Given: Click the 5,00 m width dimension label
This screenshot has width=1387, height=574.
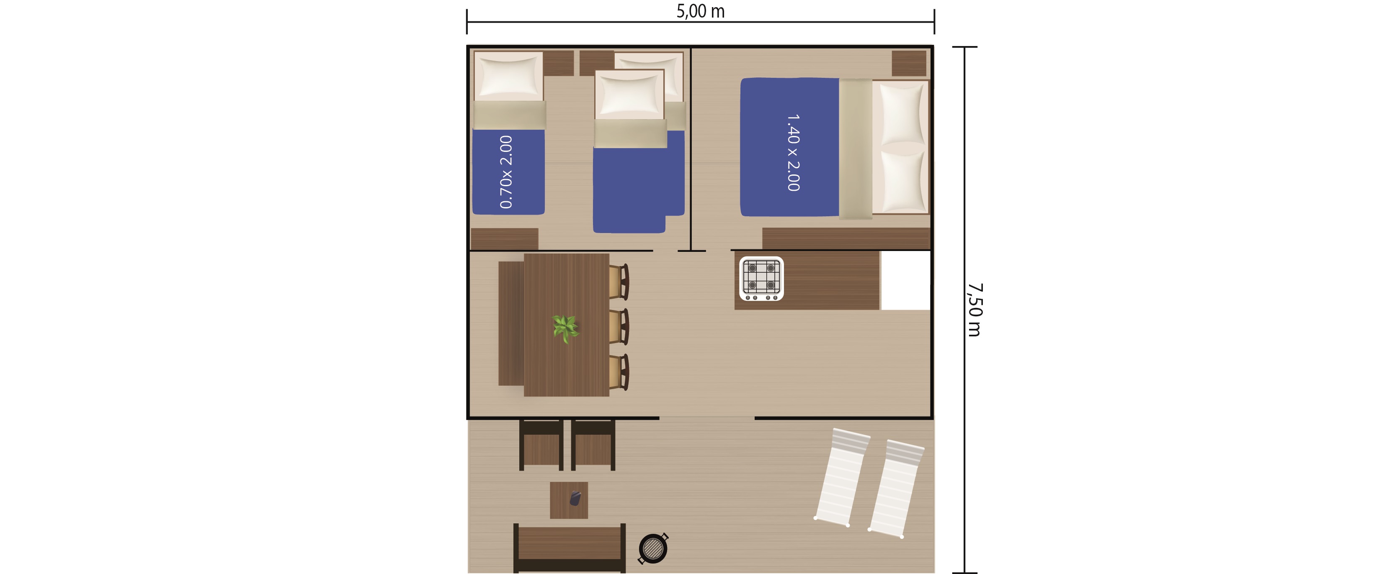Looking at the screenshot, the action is (x=701, y=11).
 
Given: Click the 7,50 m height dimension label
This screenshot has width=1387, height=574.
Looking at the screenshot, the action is (x=975, y=310).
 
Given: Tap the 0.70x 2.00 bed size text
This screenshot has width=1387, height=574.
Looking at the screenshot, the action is (x=506, y=172).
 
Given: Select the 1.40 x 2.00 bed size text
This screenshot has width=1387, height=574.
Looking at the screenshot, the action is (x=793, y=153).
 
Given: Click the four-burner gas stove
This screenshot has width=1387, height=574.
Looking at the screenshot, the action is (x=761, y=279).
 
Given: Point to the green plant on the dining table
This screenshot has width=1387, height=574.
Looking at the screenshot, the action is (x=565, y=328).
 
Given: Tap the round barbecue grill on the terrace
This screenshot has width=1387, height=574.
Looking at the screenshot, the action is (x=653, y=548).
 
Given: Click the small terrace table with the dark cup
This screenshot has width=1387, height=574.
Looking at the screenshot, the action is (x=569, y=500).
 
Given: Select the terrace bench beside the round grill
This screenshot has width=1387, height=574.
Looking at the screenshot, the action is (x=570, y=548).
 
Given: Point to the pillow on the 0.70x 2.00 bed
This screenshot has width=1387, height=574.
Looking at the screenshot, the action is (x=509, y=77).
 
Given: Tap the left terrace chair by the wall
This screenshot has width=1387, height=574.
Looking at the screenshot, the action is (x=541, y=445).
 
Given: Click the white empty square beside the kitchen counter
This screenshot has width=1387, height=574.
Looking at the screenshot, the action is (x=906, y=280).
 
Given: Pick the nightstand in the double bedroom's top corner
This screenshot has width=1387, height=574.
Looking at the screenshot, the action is (x=909, y=64).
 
